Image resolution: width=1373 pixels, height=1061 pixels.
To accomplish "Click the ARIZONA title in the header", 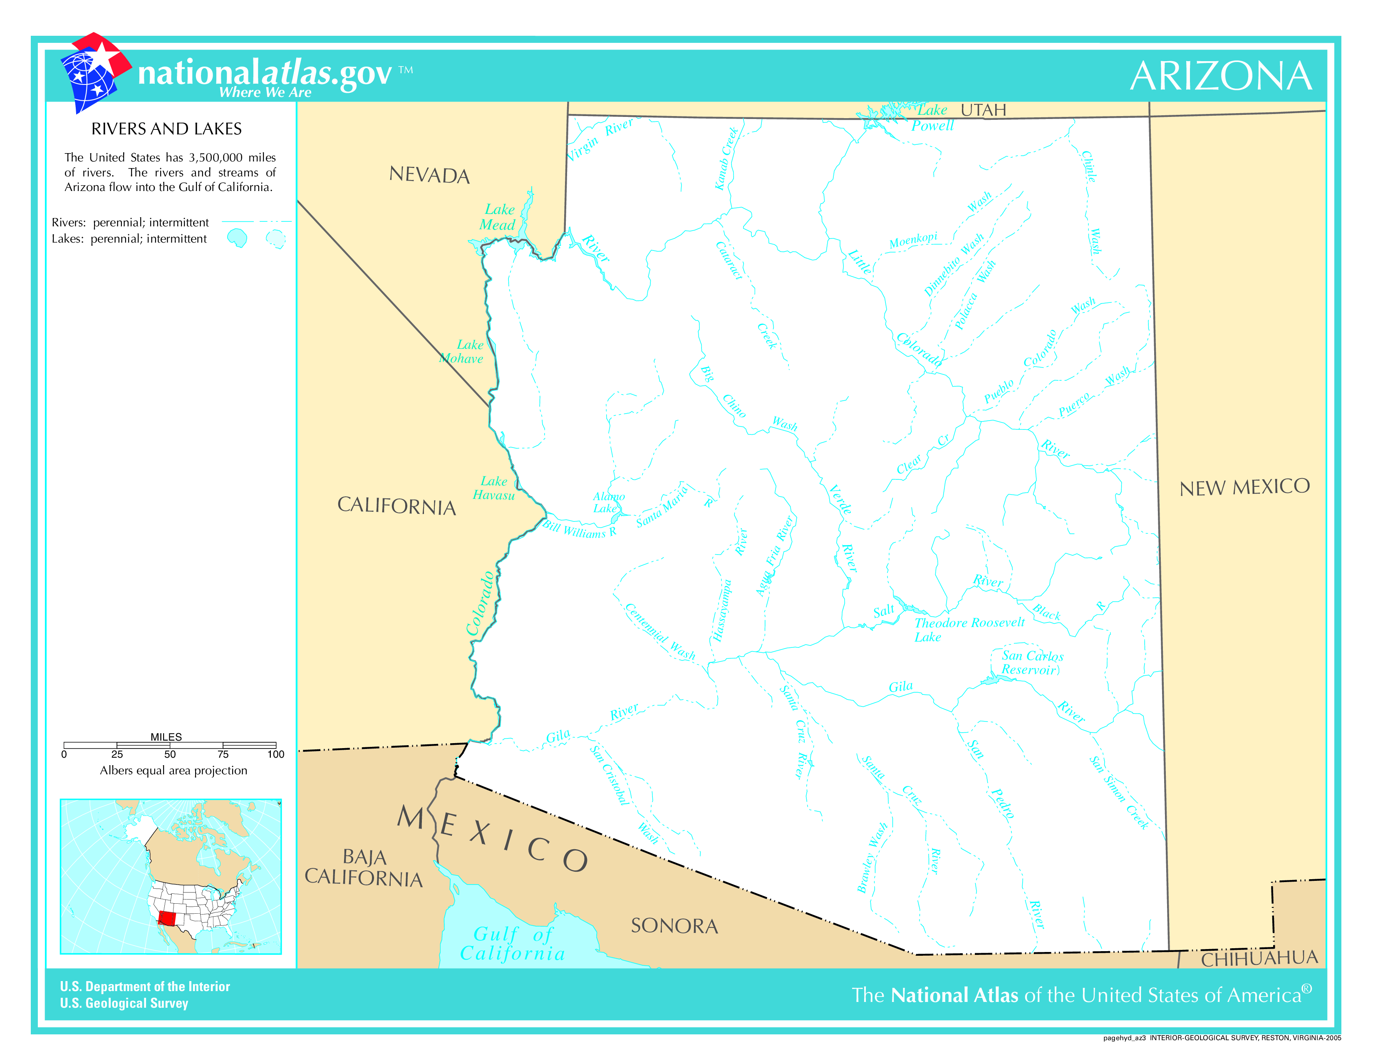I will [1220, 76].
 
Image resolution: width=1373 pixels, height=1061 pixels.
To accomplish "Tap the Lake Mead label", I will [498, 218].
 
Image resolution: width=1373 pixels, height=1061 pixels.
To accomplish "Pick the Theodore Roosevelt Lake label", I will [968, 629].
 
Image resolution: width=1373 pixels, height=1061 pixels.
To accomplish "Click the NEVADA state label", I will [429, 175].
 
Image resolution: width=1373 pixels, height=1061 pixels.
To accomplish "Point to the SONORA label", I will [674, 926].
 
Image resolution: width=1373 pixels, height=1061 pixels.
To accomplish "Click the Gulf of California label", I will [512, 944].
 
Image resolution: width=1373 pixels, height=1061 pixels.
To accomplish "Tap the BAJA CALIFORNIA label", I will [364, 868].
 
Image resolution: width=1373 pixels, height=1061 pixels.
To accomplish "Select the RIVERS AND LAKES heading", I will [166, 129].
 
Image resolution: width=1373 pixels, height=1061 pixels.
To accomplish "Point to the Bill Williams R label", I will [580, 529].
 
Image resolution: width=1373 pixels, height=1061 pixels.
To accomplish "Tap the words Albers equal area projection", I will [173, 771].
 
